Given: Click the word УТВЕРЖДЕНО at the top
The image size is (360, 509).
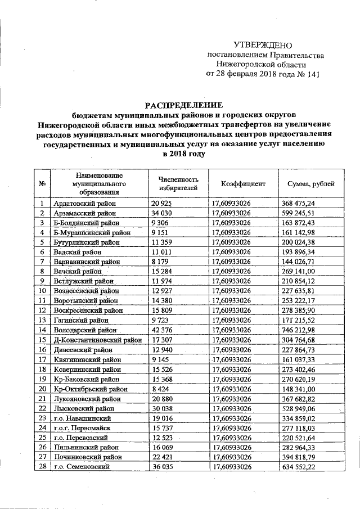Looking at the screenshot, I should pos(263,45).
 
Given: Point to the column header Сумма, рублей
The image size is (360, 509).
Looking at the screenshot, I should pos(310,183).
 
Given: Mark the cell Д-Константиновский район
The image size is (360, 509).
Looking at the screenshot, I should pos(97,340).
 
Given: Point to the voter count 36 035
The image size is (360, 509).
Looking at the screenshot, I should pos(163,467).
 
